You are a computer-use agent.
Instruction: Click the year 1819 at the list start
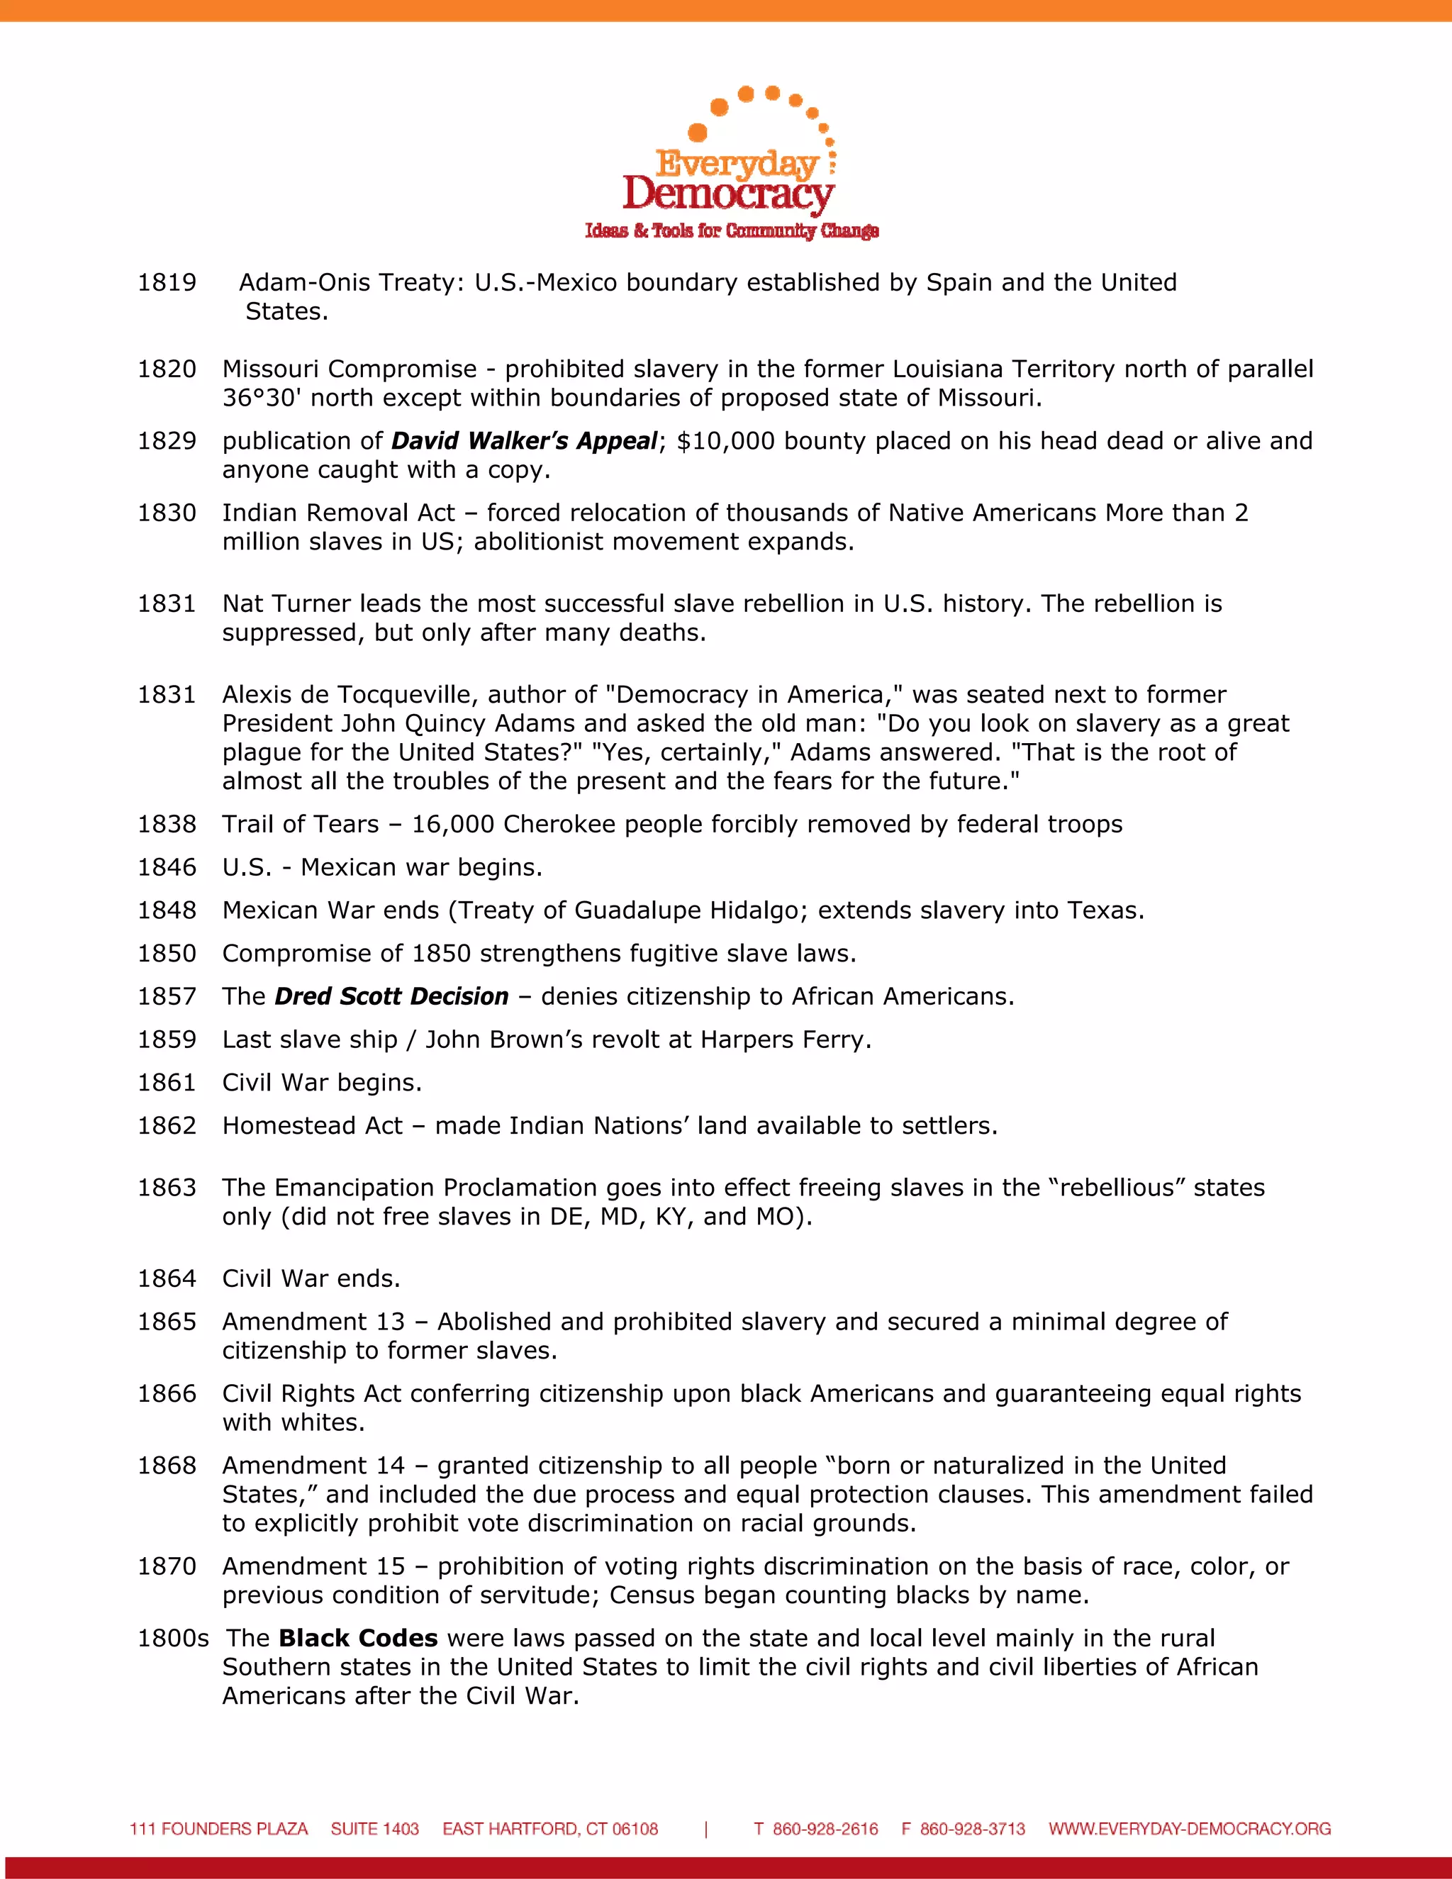[x=167, y=282]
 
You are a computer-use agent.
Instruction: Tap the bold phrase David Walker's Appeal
[x=524, y=440]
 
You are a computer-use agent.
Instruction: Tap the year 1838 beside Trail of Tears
[x=167, y=823]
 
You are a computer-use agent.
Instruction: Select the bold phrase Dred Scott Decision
[x=391, y=996]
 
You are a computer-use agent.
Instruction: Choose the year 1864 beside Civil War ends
[x=167, y=1278]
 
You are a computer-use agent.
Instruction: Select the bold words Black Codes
[x=358, y=1637]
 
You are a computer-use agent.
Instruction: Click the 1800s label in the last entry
[x=173, y=1637]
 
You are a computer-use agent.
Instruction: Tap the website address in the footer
[x=1189, y=1828]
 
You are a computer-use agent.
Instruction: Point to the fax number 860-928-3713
[x=972, y=1828]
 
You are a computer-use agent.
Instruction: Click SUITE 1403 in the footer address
[x=374, y=1828]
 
